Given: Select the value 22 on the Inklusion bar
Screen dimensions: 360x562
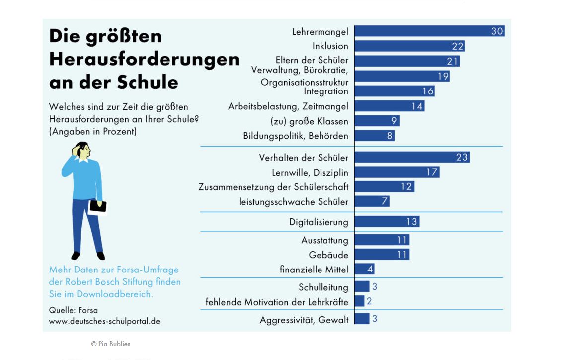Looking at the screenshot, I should tap(458, 46).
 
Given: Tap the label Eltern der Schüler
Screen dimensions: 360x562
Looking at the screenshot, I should tap(312, 61).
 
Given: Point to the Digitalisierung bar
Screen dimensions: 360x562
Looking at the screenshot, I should tap(387, 221).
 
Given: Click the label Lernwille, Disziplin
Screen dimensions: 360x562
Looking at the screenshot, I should tap(310, 172).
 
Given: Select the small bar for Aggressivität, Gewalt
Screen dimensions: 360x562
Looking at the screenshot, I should tap(362, 319).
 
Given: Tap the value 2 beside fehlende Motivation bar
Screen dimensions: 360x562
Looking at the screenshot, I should tap(369, 301).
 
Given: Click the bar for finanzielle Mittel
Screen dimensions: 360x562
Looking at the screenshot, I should tap(364, 270).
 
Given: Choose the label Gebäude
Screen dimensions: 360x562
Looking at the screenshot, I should tap(328, 255).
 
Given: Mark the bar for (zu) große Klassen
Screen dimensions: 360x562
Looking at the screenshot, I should tap(377, 121).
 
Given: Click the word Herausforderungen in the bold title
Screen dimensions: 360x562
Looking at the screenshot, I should tap(144, 59).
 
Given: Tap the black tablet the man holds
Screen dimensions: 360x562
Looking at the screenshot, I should tap(98, 206).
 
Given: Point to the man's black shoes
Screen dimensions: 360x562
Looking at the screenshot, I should tap(88, 256).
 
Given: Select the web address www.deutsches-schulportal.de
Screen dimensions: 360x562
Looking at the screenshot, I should tap(104, 321).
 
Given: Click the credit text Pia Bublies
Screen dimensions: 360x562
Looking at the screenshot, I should tap(111, 344).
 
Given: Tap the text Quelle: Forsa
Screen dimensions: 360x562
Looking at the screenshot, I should tap(73, 310).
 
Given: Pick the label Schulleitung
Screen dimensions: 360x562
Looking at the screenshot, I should tap(323, 287).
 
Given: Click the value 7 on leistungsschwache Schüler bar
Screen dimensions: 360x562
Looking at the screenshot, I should tap(384, 201).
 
